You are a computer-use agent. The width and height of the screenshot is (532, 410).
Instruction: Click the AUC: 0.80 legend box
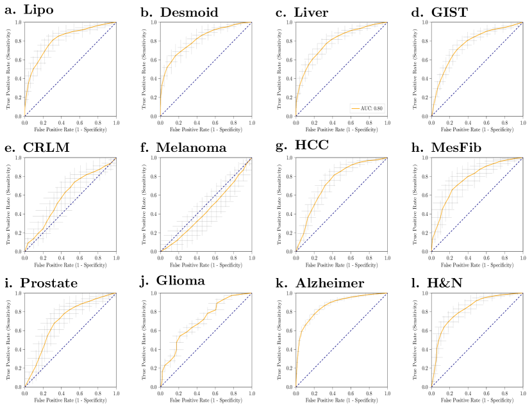(367, 108)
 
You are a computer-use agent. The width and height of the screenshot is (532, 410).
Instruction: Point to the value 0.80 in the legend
(378, 109)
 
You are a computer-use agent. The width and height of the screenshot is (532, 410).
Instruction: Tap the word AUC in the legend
(365, 109)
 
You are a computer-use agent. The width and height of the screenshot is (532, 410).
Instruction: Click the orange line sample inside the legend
(354, 109)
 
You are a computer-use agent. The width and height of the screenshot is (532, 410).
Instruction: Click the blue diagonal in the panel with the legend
(342, 69)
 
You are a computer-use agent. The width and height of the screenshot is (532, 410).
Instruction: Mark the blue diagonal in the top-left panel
(71, 69)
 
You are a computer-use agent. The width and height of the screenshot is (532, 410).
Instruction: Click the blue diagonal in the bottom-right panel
(478, 340)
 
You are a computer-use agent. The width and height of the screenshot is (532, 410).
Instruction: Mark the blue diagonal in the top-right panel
(478, 69)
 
